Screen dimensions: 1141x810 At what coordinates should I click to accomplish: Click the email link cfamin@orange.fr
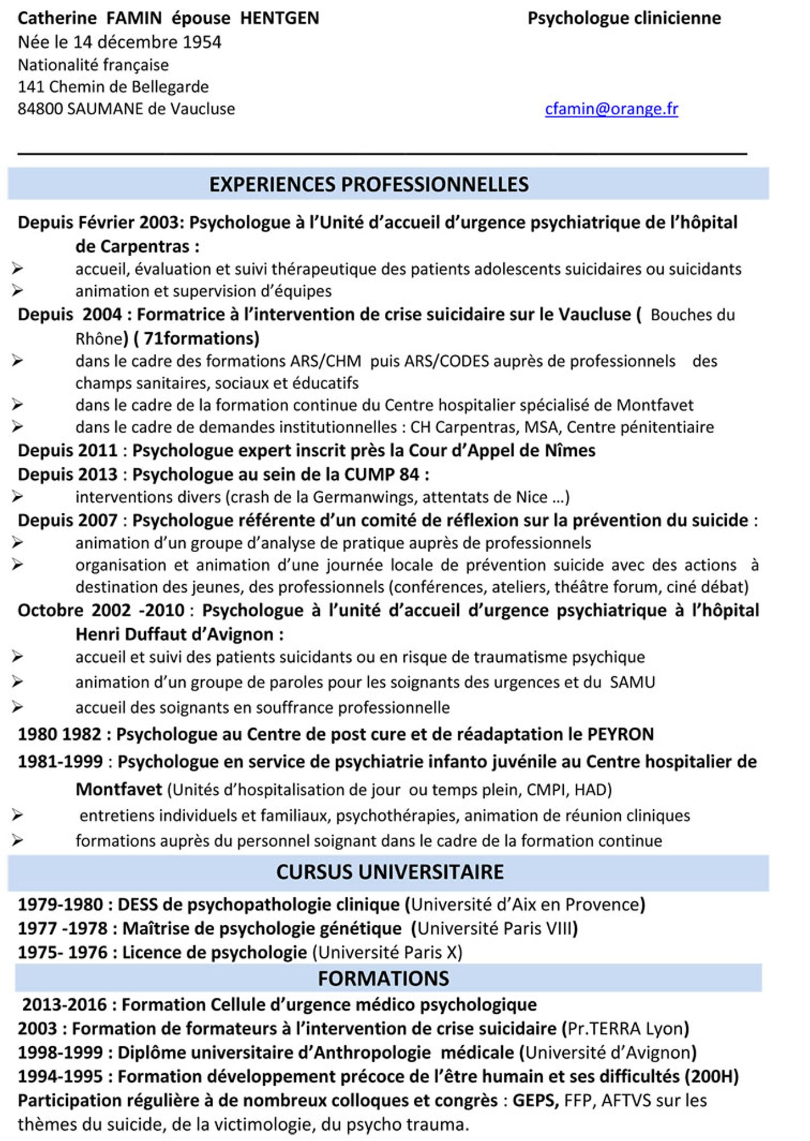click(x=611, y=109)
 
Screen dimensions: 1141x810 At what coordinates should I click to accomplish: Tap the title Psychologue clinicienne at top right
click(x=624, y=18)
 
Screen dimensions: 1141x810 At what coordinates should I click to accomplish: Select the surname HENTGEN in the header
click(x=279, y=18)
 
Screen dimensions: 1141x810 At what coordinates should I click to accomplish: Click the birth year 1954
click(x=202, y=42)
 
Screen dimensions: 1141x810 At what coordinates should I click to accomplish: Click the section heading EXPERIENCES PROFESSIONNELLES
click(x=369, y=184)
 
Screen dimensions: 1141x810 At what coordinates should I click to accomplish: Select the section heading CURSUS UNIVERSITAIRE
click(x=390, y=872)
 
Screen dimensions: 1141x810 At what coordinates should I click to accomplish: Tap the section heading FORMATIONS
click(x=383, y=978)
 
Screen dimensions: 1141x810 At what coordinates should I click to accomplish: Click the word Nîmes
click(x=570, y=451)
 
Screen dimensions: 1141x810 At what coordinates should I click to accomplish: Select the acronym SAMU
click(x=632, y=682)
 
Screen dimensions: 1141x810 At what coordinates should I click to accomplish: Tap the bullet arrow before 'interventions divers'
click(x=17, y=497)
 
